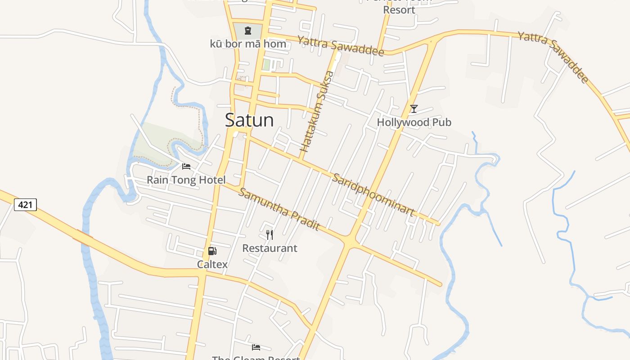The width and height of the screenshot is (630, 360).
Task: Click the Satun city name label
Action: point(249,120)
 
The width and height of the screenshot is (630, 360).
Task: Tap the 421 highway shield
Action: point(25,205)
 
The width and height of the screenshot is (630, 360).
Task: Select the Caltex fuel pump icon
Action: point(212,251)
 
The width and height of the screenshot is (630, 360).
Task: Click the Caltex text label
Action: point(212,264)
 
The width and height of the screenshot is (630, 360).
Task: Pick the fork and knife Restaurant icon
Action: point(270,234)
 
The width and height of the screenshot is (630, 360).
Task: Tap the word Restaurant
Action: point(270,248)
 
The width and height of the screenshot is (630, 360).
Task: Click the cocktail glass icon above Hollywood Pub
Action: point(414,108)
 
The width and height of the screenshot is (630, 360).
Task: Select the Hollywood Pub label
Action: point(414,122)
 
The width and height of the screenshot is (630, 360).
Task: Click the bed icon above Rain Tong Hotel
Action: point(186,166)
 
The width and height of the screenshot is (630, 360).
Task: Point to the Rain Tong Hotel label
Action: point(186,180)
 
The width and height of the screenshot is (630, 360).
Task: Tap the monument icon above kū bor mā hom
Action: point(247,31)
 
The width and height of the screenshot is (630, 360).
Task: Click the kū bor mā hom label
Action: point(248,44)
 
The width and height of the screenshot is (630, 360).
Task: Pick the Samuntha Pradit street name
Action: point(279,209)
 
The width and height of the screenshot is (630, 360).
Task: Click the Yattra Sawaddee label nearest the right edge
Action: point(553,57)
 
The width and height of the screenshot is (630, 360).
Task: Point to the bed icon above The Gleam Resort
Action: point(256,347)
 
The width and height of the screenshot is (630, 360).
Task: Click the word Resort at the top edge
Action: point(399,9)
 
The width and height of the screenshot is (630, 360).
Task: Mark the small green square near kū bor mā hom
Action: point(266,65)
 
